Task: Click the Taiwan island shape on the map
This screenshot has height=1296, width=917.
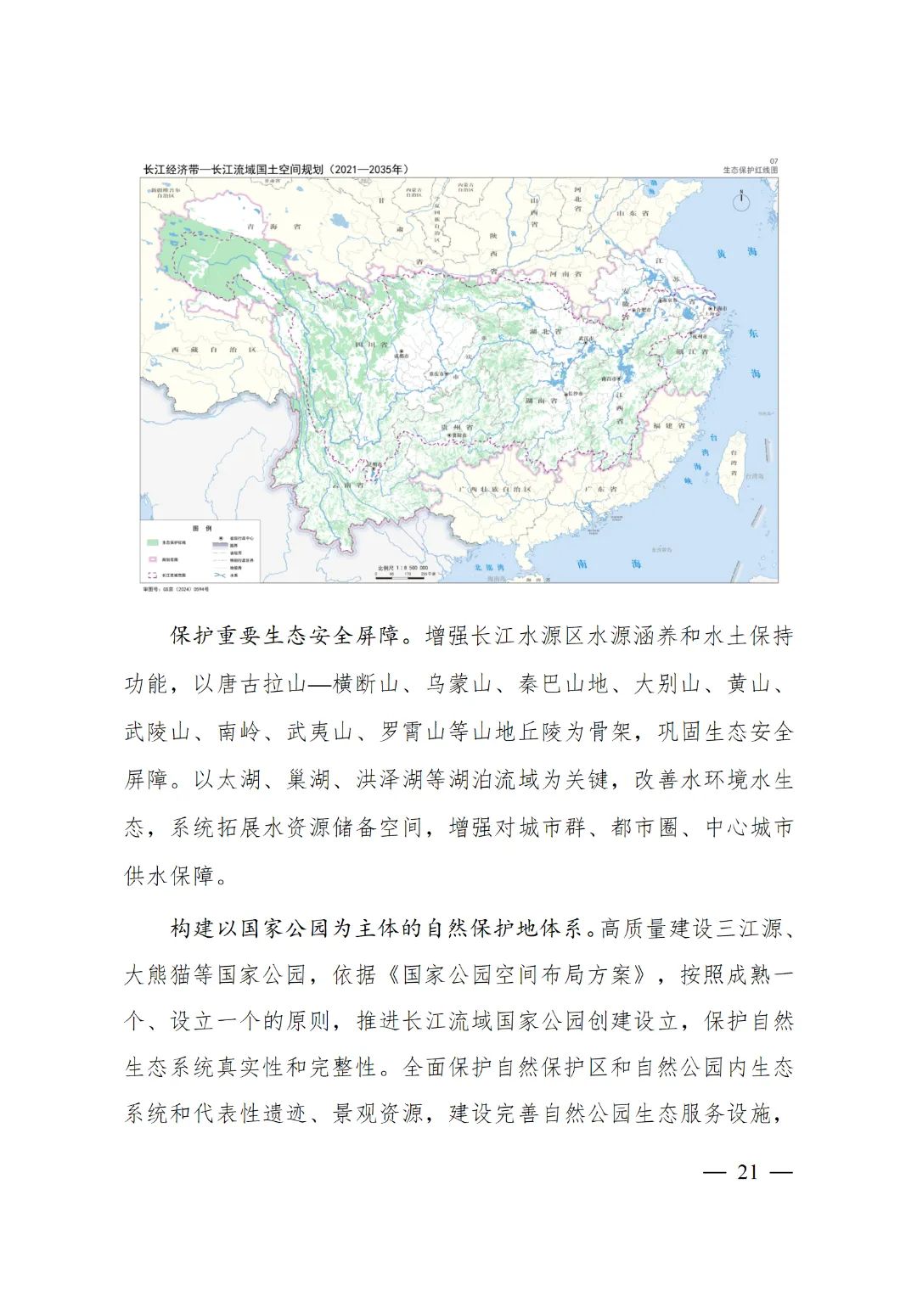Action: (x=733, y=463)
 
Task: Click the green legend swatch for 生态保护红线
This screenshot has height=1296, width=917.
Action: (x=153, y=541)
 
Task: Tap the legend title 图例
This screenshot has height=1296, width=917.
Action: (x=202, y=528)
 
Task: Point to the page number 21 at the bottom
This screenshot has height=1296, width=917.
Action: (x=747, y=1172)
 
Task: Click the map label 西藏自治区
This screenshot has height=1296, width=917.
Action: (x=212, y=350)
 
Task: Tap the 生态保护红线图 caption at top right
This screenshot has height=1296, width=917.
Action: (x=750, y=170)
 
